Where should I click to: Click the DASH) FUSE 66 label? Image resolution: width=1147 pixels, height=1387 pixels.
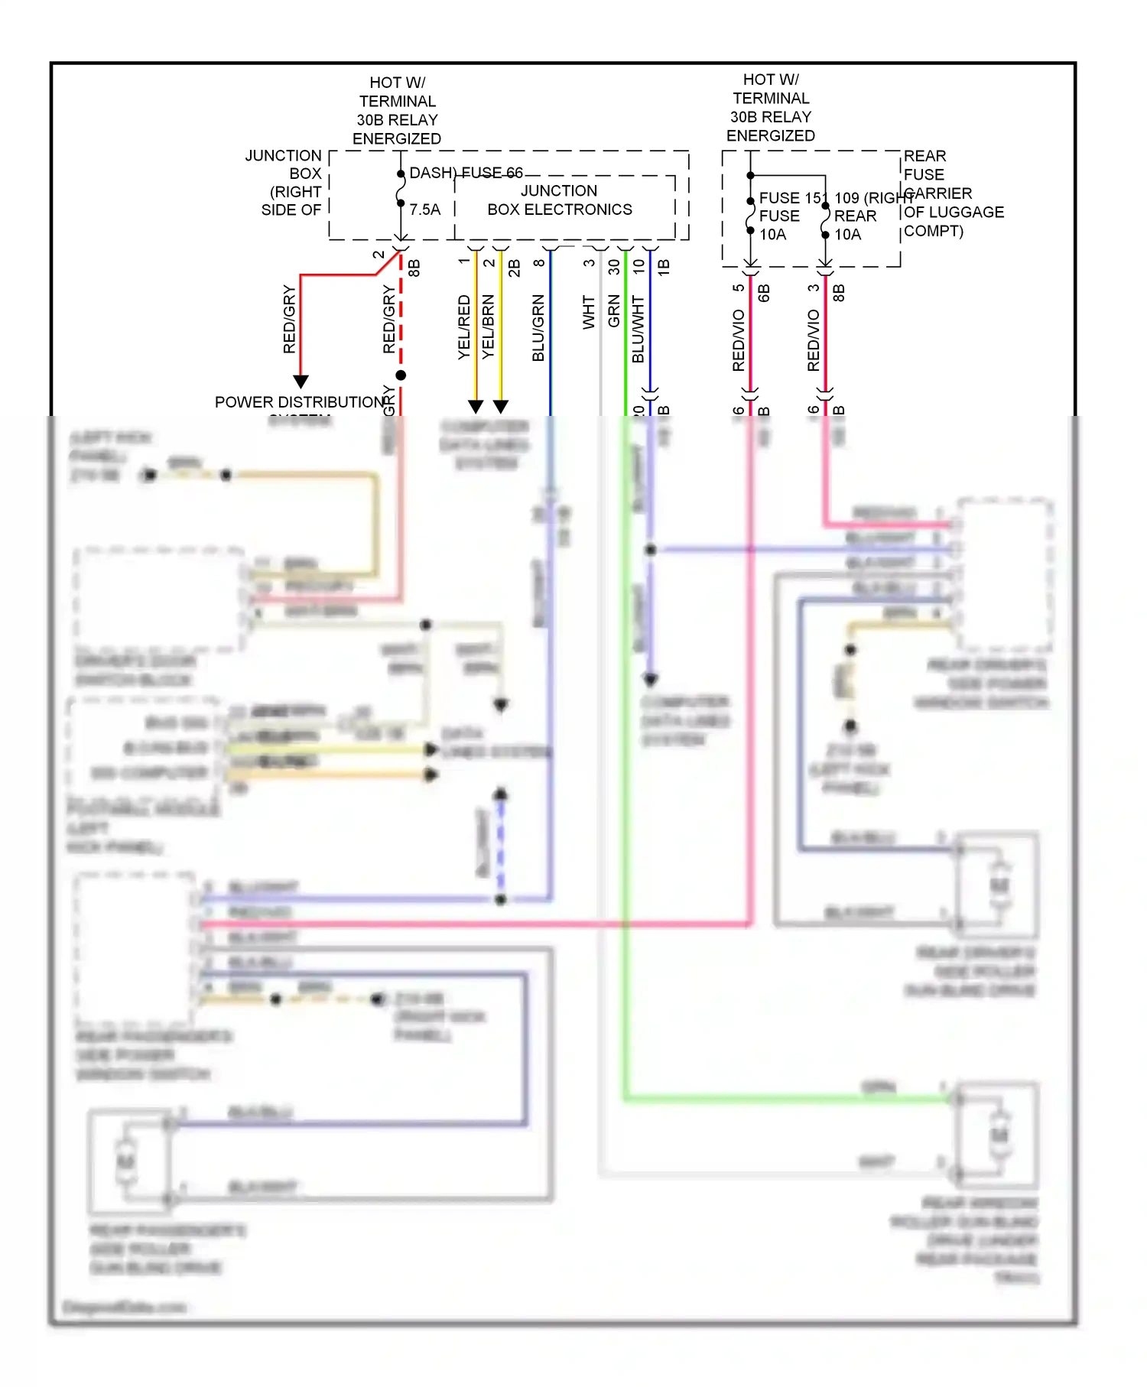tap(466, 173)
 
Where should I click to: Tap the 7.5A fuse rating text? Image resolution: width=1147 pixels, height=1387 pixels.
tap(424, 210)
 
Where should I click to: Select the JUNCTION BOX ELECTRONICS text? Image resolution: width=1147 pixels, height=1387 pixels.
tap(560, 200)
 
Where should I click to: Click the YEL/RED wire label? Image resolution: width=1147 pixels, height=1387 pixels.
tap(463, 327)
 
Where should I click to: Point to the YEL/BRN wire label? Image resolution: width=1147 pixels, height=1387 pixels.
tap(488, 327)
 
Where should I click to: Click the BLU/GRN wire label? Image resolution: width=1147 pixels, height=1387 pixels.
tap(538, 328)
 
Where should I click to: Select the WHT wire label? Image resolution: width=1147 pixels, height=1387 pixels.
tap(588, 312)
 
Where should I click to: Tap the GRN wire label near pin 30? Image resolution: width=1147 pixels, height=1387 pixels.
tap(613, 312)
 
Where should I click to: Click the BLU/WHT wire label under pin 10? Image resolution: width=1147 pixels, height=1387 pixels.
tap(638, 330)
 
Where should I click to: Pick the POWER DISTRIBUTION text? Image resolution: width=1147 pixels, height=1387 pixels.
tap(299, 402)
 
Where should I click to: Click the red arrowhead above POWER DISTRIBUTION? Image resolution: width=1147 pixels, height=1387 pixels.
tap(301, 381)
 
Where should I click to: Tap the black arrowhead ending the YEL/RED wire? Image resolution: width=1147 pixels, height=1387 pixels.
tap(476, 406)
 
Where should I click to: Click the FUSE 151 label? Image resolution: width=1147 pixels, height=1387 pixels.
tap(791, 198)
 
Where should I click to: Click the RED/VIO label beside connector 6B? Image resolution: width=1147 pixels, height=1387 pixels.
tap(738, 341)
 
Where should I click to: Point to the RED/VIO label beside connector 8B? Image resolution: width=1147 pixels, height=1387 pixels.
tap(813, 341)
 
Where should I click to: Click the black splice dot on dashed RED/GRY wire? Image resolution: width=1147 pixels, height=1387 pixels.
tap(401, 375)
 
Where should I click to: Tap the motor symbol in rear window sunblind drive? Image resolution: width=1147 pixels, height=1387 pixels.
tap(999, 1135)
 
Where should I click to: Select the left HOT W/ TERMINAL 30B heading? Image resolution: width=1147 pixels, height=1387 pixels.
tap(397, 110)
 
